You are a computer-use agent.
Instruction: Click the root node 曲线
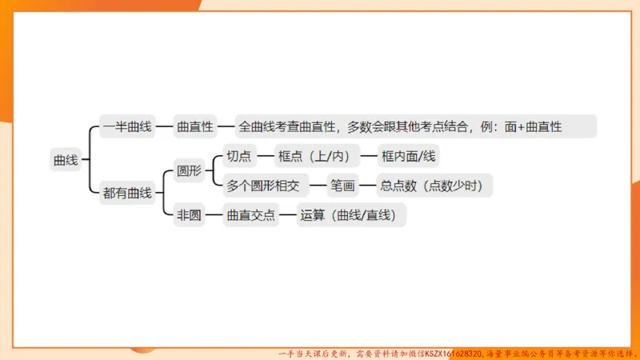click(66, 160)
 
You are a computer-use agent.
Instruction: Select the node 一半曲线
click(127, 126)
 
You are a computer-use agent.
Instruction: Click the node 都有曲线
click(127, 193)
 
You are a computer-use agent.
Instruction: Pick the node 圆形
click(189, 170)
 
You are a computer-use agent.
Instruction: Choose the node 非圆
click(189, 214)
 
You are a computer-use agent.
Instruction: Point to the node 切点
click(239, 156)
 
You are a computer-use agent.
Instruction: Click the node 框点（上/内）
click(315, 156)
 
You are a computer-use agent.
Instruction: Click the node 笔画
click(342, 186)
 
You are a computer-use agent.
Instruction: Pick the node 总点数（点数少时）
click(431, 186)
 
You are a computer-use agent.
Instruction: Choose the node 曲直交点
click(250, 214)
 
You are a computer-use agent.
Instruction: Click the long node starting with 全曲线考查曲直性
click(400, 126)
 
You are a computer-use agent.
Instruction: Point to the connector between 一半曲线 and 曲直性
click(164, 126)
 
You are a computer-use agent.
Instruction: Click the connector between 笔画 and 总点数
click(366, 186)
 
